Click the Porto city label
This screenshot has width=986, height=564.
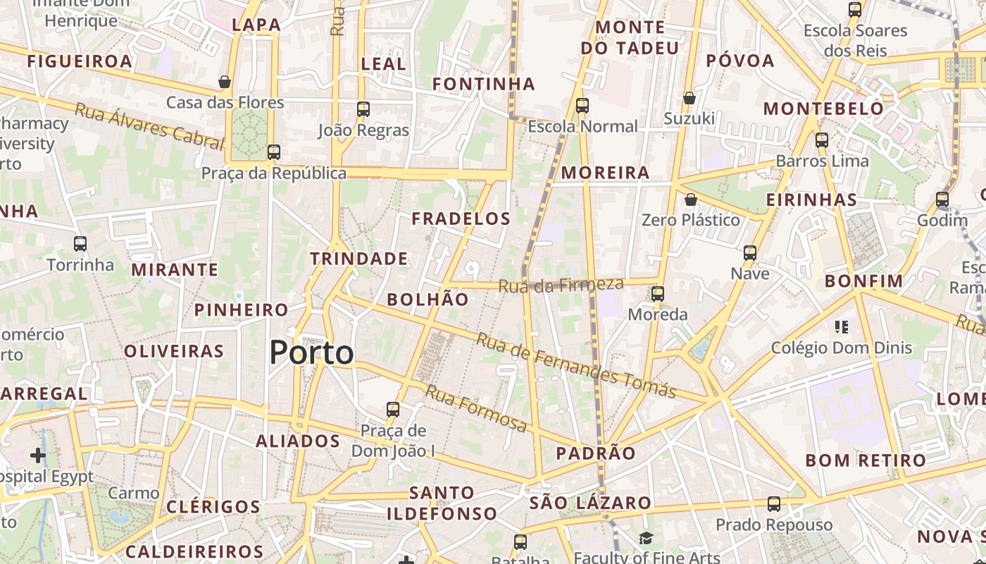click(311, 352)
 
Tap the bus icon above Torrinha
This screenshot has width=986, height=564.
click(80, 244)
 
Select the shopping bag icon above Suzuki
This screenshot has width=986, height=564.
click(689, 98)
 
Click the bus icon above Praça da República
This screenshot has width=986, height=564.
click(274, 152)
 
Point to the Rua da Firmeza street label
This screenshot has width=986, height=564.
click(561, 285)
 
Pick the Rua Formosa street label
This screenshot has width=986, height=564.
click(475, 407)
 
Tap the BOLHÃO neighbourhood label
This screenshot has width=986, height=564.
click(428, 300)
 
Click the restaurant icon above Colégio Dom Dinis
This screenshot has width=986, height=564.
click(841, 326)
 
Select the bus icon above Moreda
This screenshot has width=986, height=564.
click(658, 293)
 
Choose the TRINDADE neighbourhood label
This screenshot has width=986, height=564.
click(359, 259)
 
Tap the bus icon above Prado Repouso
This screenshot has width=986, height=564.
click(774, 504)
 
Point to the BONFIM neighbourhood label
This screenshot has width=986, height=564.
click(863, 281)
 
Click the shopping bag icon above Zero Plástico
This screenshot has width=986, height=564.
click(691, 200)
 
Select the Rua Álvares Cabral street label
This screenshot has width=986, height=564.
click(149, 126)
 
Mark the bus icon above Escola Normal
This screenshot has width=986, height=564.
click(582, 106)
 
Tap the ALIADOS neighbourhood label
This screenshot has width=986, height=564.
click(298, 441)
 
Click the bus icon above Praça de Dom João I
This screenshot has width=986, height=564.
click(393, 409)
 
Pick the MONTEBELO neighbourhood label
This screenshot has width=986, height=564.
click(823, 109)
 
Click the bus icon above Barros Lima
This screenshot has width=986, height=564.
click(822, 140)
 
